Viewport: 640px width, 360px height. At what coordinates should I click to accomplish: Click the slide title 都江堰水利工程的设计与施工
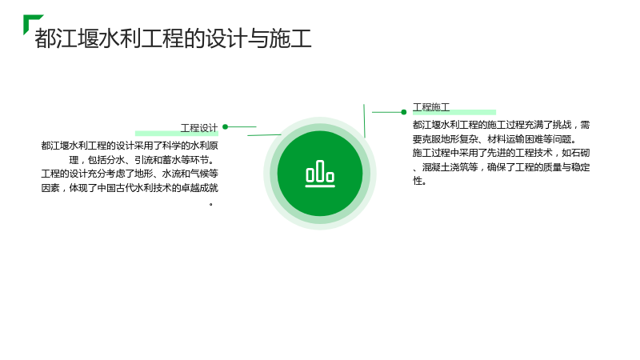[x=173, y=38]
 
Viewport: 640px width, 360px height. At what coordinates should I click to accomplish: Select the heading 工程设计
[x=199, y=128]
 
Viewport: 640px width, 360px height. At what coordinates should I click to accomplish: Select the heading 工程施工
[x=431, y=107]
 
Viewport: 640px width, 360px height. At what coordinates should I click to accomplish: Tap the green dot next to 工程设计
[x=225, y=127]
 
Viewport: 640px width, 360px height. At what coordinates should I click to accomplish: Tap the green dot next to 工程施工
[x=404, y=112]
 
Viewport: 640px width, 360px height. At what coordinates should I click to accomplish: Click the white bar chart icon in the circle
[x=320, y=174]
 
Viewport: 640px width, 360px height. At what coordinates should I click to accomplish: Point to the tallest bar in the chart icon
[x=320, y=170]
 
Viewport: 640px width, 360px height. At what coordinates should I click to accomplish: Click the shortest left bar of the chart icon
[x=310, y=174]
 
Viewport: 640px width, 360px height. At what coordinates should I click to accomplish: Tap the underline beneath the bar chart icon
[x=320, y=186]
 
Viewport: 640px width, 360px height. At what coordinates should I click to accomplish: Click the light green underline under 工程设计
[x=177, y=133]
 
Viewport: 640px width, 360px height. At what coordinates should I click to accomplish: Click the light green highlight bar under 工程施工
[x=454, y=112]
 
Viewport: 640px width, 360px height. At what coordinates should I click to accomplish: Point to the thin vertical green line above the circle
[x=364, y=121]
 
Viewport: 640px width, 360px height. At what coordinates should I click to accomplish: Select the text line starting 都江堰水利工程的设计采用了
[x=130, y=146]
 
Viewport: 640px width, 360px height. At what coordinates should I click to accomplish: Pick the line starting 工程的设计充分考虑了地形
[x=130, y=174]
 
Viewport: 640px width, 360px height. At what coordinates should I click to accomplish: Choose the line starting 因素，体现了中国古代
[x=130, y=188]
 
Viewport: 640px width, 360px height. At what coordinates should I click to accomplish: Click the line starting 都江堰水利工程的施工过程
[x=502, y=125]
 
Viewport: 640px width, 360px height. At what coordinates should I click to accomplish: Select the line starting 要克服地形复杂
[x=494, y=139]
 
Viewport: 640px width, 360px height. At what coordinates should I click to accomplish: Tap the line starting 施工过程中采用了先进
[x=502, y=153]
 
